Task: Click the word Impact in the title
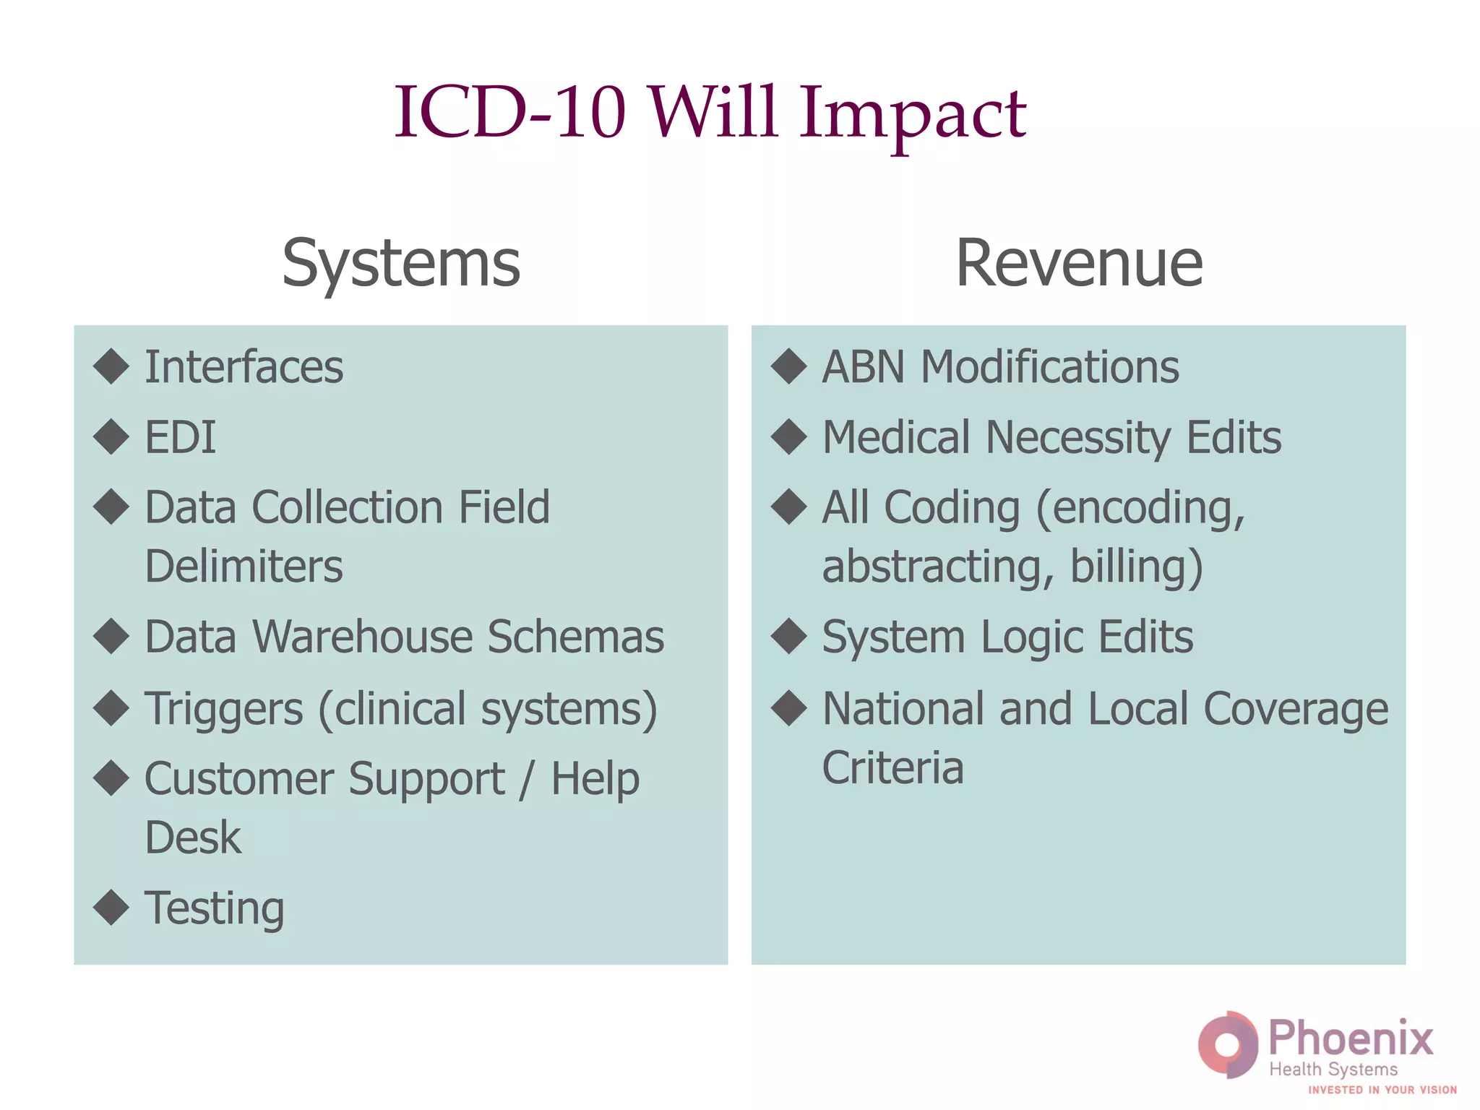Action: pos(912,114)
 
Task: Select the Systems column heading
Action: pos(401,264)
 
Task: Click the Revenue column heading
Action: pos(1079,264)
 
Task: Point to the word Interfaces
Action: pos(244,367)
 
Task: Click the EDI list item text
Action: pos(180,438)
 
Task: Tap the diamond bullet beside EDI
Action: pos(111,437)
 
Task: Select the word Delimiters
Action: pos(244,567)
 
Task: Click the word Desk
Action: pos(193,838)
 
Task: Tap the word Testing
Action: pos(215,909)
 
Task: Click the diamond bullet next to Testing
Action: pos(111,908)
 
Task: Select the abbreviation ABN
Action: pos(864,367)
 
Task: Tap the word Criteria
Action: pos(893,767)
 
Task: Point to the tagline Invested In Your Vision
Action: pos(1382,1090)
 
